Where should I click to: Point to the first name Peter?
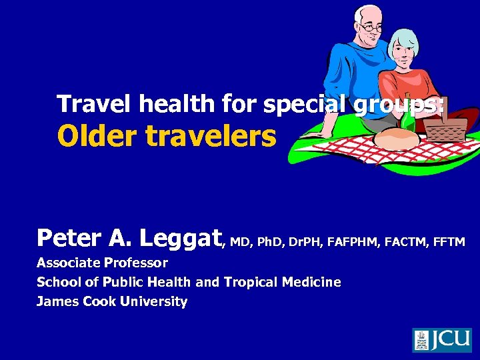(67, 237)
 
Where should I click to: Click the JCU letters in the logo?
(451, 340)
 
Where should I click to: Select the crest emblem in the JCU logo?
(421, 340)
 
